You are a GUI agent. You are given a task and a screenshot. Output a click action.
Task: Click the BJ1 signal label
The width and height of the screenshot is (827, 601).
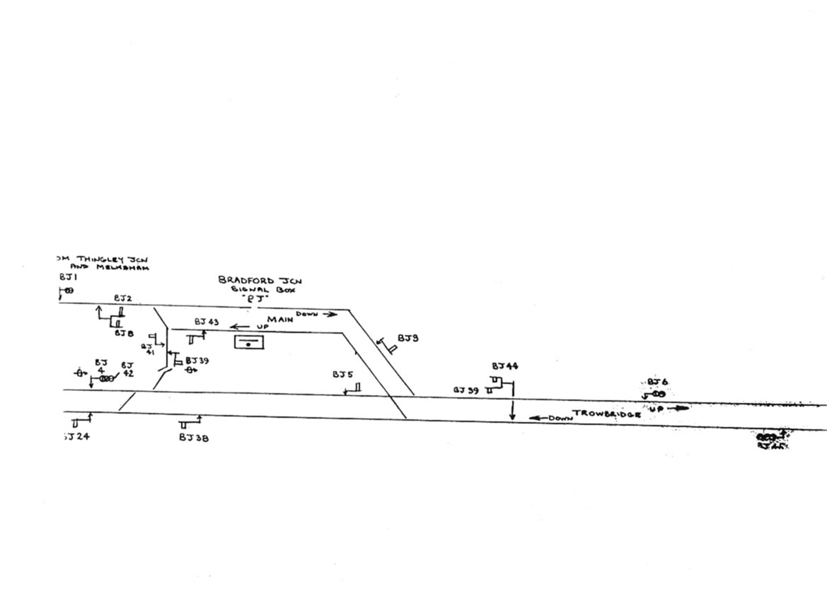pos(67,278)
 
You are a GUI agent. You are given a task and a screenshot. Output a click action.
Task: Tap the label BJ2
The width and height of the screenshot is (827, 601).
pos(122,299)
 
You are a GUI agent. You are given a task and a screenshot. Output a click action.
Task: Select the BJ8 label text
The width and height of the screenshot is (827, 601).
pos(125,332)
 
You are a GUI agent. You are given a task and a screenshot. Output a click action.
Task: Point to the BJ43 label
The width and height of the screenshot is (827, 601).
pos(207,322)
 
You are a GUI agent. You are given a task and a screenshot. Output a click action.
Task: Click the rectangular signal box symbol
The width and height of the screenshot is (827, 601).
pos(249,343)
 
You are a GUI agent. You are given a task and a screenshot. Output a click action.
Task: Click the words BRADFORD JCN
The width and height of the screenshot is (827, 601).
pos(250,281)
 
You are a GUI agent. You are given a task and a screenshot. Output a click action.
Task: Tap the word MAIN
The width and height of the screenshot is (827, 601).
pos(280,320)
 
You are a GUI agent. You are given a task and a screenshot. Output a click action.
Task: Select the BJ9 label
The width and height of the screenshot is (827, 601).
pos(407,339)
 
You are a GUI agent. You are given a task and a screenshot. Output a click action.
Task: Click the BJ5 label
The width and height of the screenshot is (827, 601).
pos(343,375)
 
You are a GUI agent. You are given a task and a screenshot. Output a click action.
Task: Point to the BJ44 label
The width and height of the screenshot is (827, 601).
pos(505,366)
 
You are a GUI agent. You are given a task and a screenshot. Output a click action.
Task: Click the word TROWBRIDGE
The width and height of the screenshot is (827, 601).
pos(606,414)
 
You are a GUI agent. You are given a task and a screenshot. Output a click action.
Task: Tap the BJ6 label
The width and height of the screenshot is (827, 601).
pos(657,382)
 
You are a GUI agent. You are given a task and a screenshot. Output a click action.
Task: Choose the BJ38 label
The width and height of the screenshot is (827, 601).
pos(193,438)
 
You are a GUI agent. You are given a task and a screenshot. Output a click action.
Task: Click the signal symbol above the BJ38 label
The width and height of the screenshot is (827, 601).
pos(190,423)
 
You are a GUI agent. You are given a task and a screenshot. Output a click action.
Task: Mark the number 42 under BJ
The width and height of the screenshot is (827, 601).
pos(127,374)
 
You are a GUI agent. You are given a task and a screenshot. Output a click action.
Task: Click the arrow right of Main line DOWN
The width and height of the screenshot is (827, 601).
pos(330,315)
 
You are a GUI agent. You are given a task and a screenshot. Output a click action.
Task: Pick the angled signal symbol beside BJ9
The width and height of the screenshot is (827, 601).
pos(387,346)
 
